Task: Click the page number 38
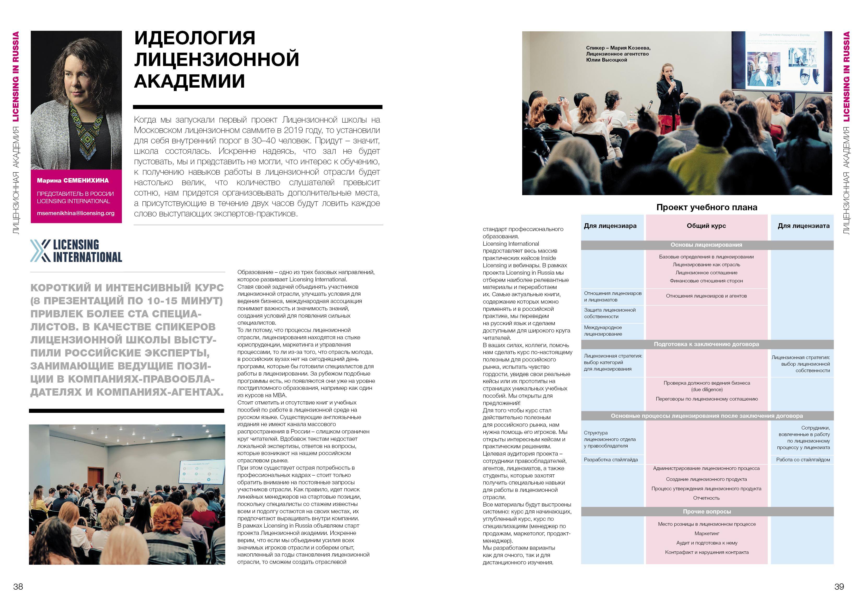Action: [x=18, y=587]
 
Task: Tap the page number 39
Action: [x=839, y=587]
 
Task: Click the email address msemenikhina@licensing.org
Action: [x=75, y=213]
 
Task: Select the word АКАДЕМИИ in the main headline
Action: [x=189, y=81]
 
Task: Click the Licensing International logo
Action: [x=76, y=251]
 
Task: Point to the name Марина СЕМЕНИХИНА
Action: [x=73, y=180]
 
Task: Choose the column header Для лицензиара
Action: [x=610, y=226]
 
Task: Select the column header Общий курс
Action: [x=706, y=226]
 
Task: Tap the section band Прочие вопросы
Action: [x=707, y=511]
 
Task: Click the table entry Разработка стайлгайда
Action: [x=611, y=460]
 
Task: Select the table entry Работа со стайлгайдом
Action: [x=803, y=460]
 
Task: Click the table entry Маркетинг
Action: [x=707, y=533]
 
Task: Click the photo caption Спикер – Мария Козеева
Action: [x=618, y=48]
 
